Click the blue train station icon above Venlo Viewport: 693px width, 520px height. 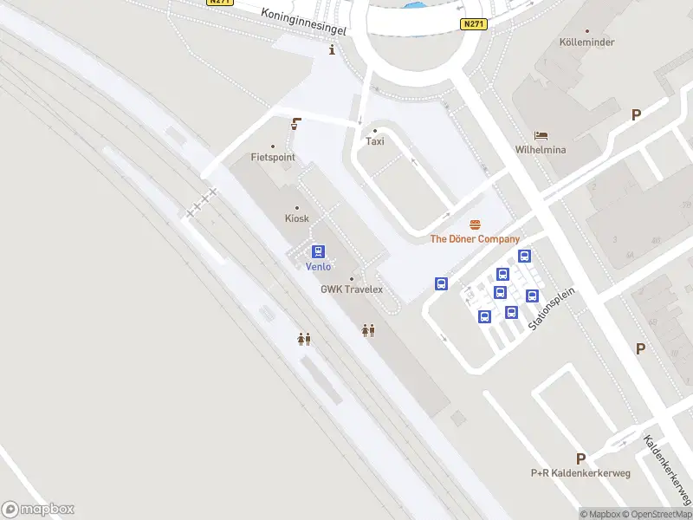tap(319, 252)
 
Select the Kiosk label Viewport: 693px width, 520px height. tap(297, 218)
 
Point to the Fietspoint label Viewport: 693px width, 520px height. tap(273, 158)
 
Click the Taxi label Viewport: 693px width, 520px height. tap(375, 141)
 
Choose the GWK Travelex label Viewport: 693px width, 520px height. tap(352, 289)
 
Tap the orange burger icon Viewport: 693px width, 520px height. tap(475, 225)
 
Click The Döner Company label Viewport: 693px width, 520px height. tap(476, 239)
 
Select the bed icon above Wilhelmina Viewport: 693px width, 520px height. tap(541, 136)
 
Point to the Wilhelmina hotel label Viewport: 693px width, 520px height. tap(541, 150)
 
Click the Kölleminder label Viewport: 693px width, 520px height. tap(586, 42)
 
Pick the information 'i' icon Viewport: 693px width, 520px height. tap(333, 50)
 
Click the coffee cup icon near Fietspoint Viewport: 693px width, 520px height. tap(296, 124)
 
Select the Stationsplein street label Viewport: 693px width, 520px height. tap(553, 308)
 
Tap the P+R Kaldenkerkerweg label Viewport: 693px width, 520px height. tap(580, 473)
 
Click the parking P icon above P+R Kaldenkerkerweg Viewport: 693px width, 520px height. tap(580, 458)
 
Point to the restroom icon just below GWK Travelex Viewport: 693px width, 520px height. tap(368, 330)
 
